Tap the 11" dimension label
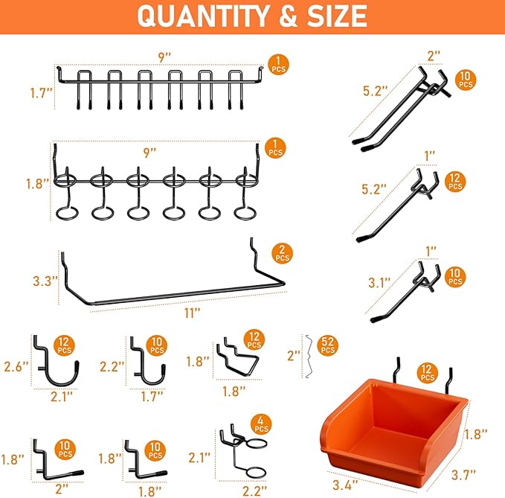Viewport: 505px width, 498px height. (193, 313)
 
